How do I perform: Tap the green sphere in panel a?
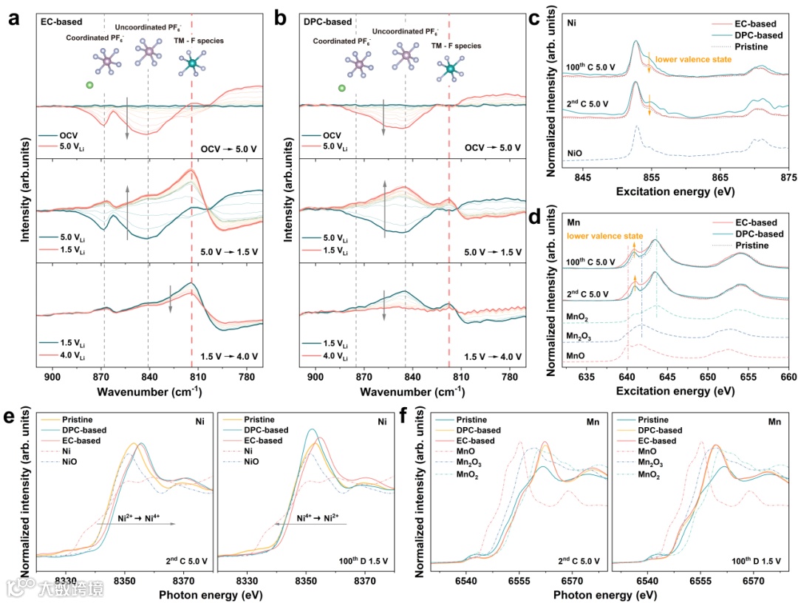tap(89, 86)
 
